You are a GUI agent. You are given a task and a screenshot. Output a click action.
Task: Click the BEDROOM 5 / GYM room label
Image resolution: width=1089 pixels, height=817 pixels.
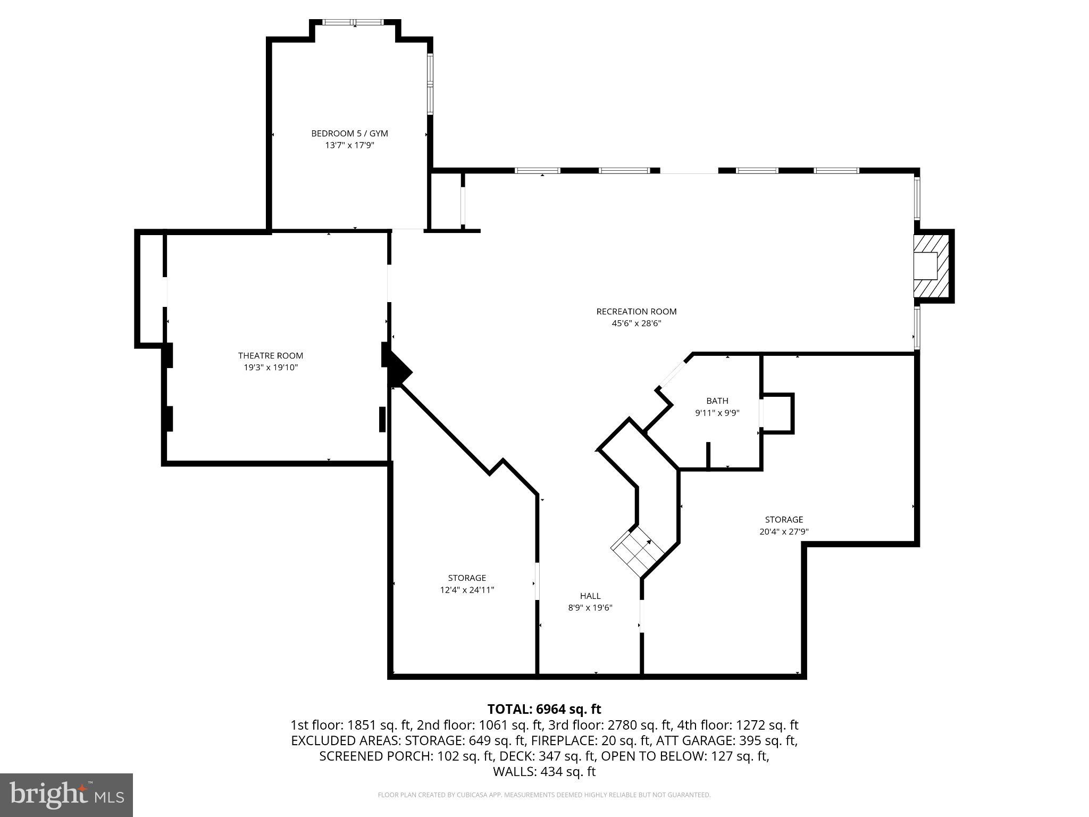[349, 134]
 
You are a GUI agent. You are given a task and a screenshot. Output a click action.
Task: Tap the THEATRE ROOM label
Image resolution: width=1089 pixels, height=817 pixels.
[270, 355]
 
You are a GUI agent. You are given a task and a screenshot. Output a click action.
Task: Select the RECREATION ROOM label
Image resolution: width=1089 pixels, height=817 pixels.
[636, 312]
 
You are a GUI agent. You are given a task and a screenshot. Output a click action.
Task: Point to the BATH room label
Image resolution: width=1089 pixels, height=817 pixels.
[717, 401]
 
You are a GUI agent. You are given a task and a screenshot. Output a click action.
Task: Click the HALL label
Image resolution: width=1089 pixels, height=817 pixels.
[590, 596]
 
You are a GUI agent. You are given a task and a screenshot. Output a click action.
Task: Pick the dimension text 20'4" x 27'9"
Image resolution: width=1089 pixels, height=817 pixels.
[784, 531]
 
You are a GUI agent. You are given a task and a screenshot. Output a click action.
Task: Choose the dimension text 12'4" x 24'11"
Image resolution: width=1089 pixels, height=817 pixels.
[467, 589]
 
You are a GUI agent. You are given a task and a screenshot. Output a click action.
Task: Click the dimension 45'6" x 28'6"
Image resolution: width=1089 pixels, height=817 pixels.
[636, 323]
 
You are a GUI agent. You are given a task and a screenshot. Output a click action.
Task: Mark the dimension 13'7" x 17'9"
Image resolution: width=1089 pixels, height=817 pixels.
[349, 145]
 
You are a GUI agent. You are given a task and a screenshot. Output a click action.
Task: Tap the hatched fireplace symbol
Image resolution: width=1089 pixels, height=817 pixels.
[932, 266]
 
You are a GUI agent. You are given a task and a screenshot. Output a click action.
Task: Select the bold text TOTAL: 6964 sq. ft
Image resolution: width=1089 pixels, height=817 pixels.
[544, 709]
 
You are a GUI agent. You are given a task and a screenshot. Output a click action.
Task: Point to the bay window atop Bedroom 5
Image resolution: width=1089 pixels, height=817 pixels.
[354, 22]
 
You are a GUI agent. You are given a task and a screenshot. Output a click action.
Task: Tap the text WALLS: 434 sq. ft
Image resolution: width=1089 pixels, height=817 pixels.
[544, 772]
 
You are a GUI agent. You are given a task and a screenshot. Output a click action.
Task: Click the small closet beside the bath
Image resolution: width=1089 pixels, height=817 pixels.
[777, 413]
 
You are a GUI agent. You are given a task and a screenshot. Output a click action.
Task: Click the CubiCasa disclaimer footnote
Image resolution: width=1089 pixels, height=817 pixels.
[544, 795]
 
